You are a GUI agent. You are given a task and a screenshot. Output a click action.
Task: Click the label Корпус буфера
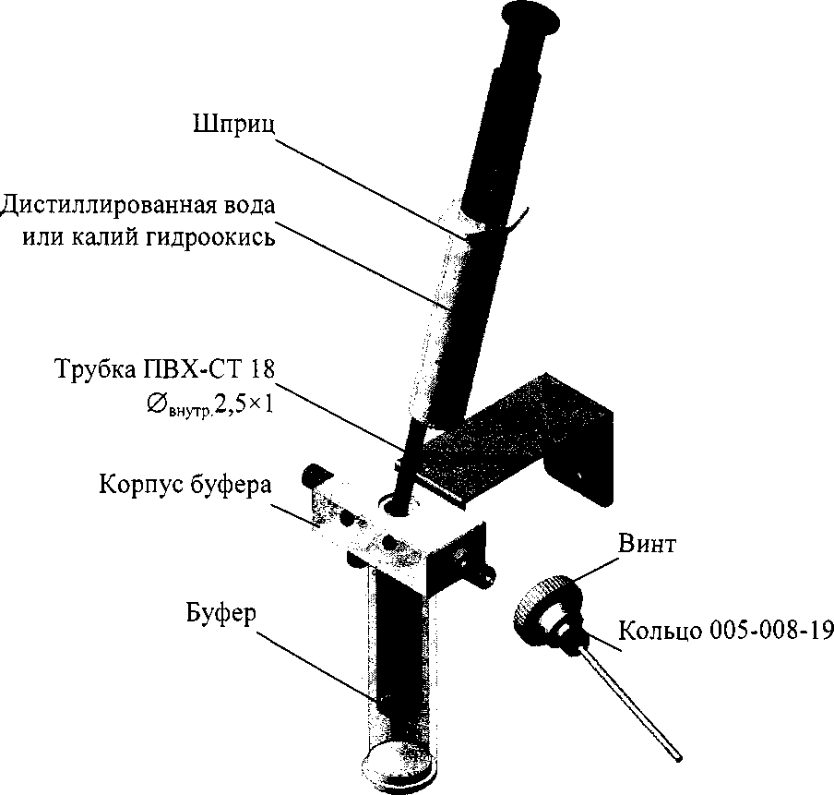[x=185, y=485]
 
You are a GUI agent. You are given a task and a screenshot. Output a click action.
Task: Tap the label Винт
[x=645, y=544]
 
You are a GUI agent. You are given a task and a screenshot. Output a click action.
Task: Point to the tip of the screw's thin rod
[x=681, y=759]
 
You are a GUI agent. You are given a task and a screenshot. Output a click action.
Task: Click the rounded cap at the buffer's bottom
[x=398, y=762]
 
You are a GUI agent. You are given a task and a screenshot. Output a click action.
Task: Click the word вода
[x=251, y=203]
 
